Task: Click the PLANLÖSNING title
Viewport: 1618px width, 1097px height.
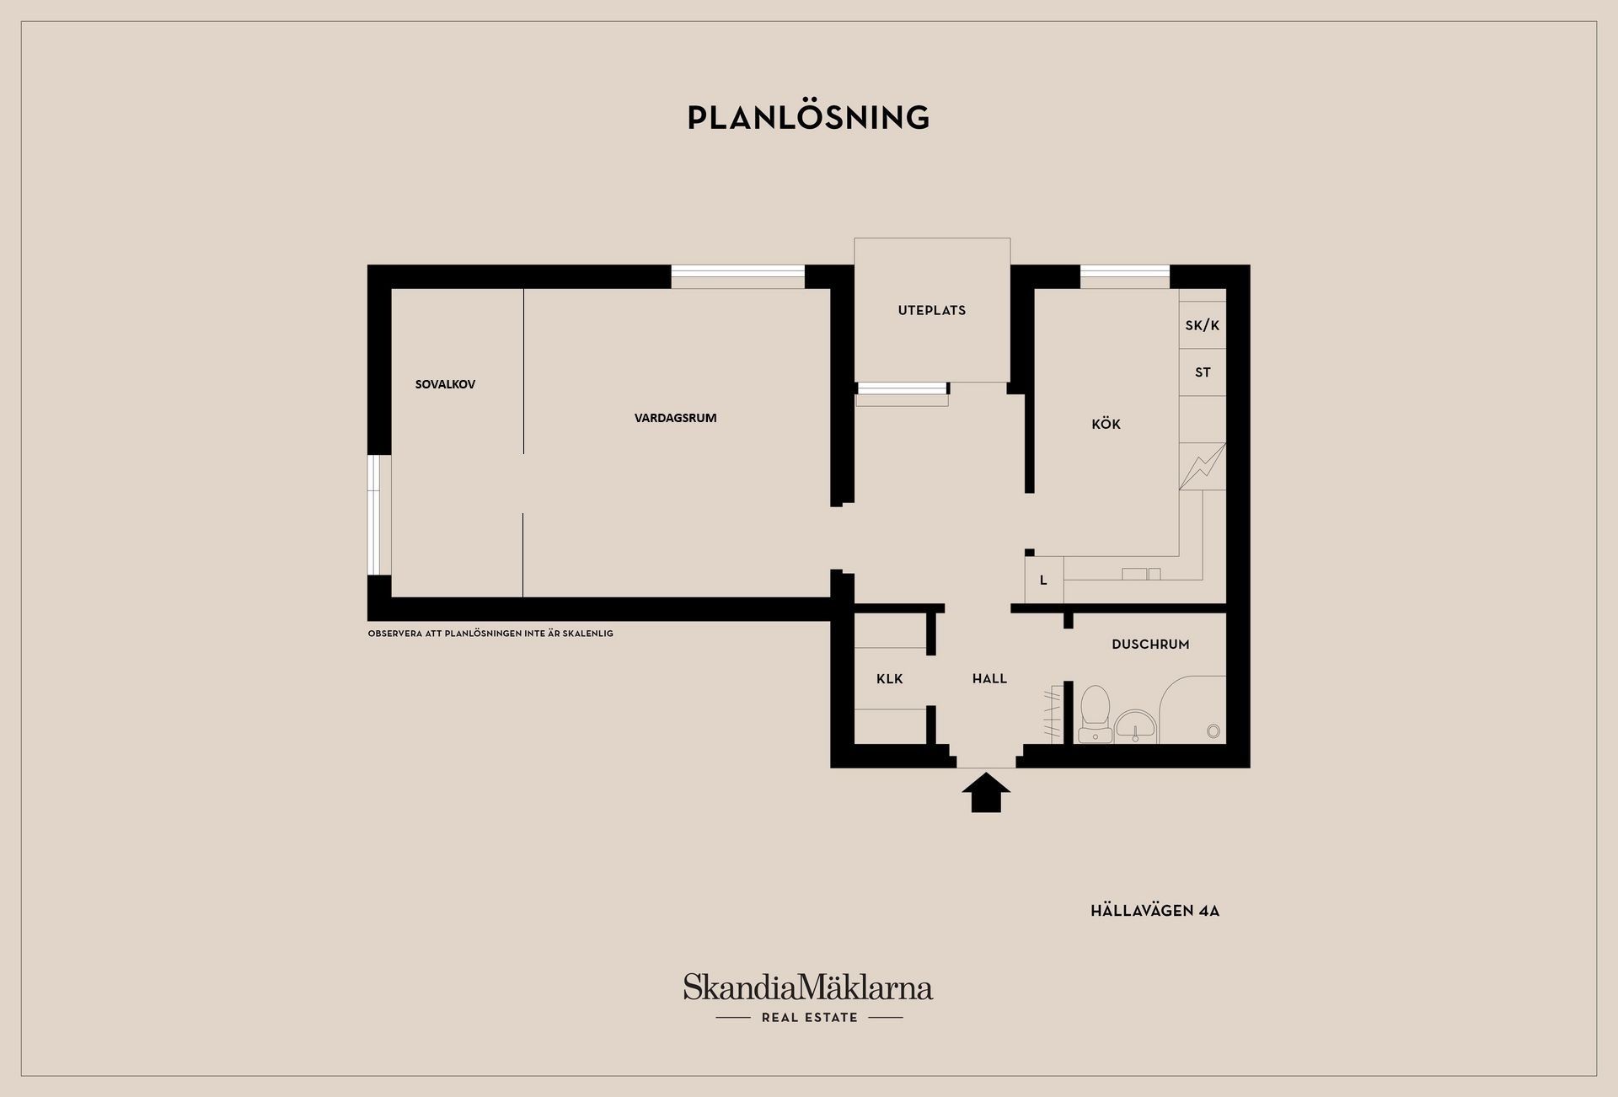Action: click(808, 117)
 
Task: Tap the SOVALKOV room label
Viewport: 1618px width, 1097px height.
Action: click(445, 384)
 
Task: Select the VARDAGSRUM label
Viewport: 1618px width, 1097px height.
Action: click(675, 418)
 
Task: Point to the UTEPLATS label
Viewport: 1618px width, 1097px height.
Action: click(932, 310)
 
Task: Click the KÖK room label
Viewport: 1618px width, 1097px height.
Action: click(1106, 424)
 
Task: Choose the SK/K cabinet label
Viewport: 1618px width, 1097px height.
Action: click(1203, 325)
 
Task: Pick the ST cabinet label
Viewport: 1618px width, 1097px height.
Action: click(1203, 372)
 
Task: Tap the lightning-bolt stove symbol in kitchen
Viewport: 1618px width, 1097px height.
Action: click(1203, 467)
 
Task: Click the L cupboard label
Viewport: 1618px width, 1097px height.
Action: click(1043, 581)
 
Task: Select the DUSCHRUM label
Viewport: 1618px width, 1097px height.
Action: click(1150, 645)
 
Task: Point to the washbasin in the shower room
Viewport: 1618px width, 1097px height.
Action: click(1136, 726)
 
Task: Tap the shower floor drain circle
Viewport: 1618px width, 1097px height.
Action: click(1213, 731)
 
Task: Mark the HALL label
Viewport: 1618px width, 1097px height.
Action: click(989, 678)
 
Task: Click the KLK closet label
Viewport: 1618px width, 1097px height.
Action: click(890, 678)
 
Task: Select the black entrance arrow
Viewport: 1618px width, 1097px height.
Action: click(986, 793)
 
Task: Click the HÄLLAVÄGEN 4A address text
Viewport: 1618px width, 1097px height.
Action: click(1155, 911)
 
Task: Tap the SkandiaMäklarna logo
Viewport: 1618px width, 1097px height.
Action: click(808, 987)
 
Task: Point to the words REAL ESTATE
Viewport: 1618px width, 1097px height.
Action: click(809, 1018)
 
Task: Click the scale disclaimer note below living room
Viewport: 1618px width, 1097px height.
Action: click(490, 634)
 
